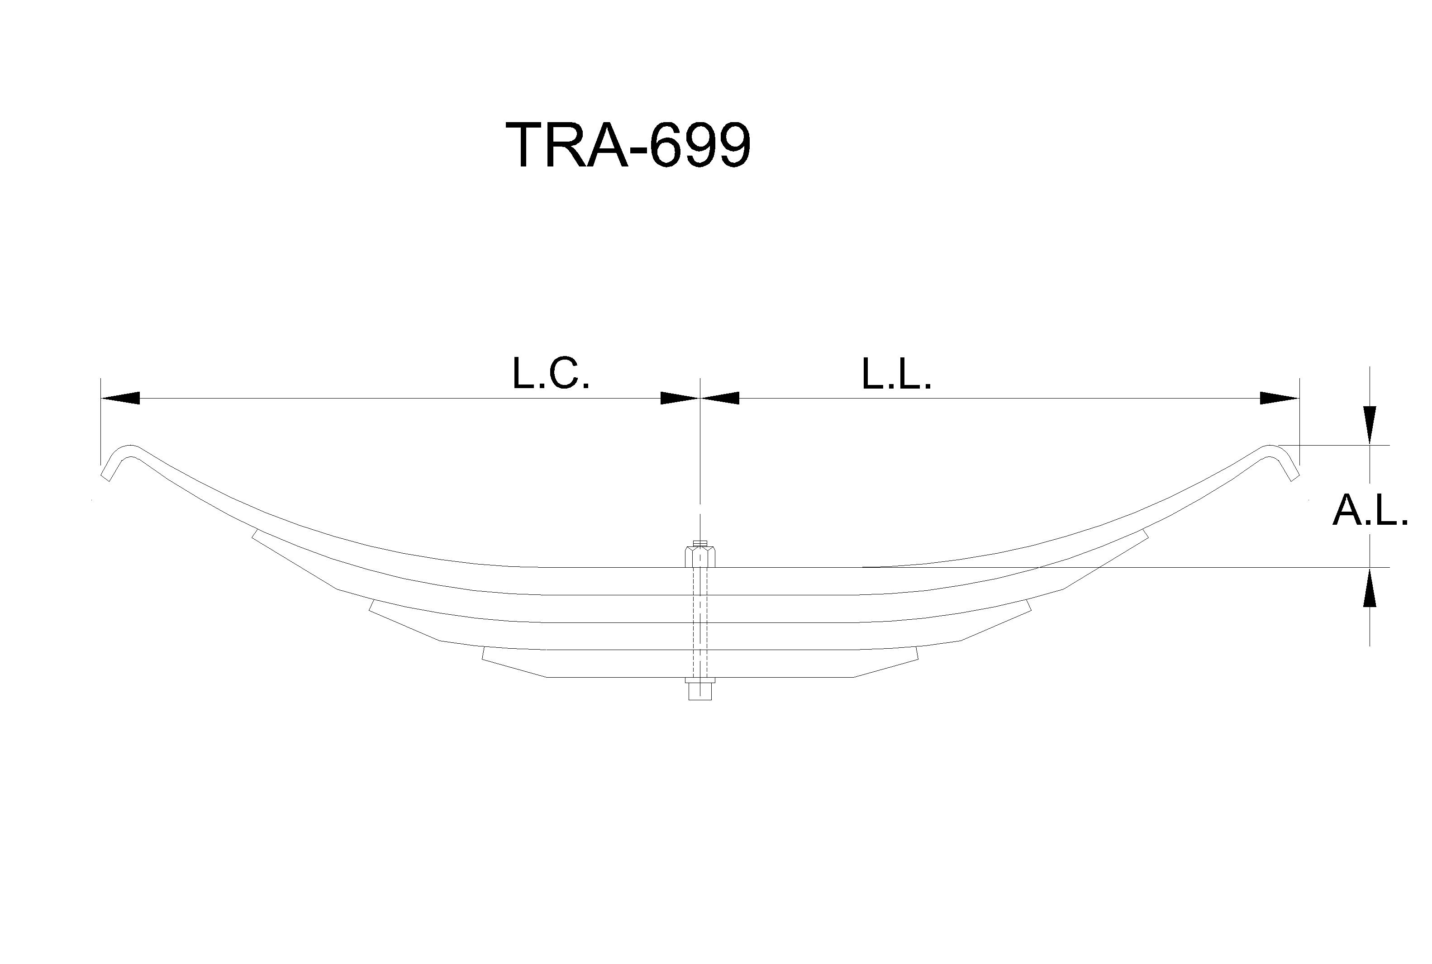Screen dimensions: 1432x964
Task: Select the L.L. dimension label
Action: (x=896, y=373)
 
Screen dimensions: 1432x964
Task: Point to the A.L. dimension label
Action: (x=1370, y=510)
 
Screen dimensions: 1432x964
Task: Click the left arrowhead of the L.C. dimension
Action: (x=120, y=399)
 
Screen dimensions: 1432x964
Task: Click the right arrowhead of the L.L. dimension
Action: (x=1280, y=399)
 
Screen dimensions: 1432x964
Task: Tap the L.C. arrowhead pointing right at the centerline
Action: (x=680, y=399)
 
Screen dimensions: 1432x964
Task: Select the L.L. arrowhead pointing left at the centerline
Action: (x=719, y=399)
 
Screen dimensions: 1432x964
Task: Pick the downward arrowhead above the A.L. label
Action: (x=1370, y=425)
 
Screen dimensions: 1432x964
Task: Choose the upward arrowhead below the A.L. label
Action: (x=1370, y=587)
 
